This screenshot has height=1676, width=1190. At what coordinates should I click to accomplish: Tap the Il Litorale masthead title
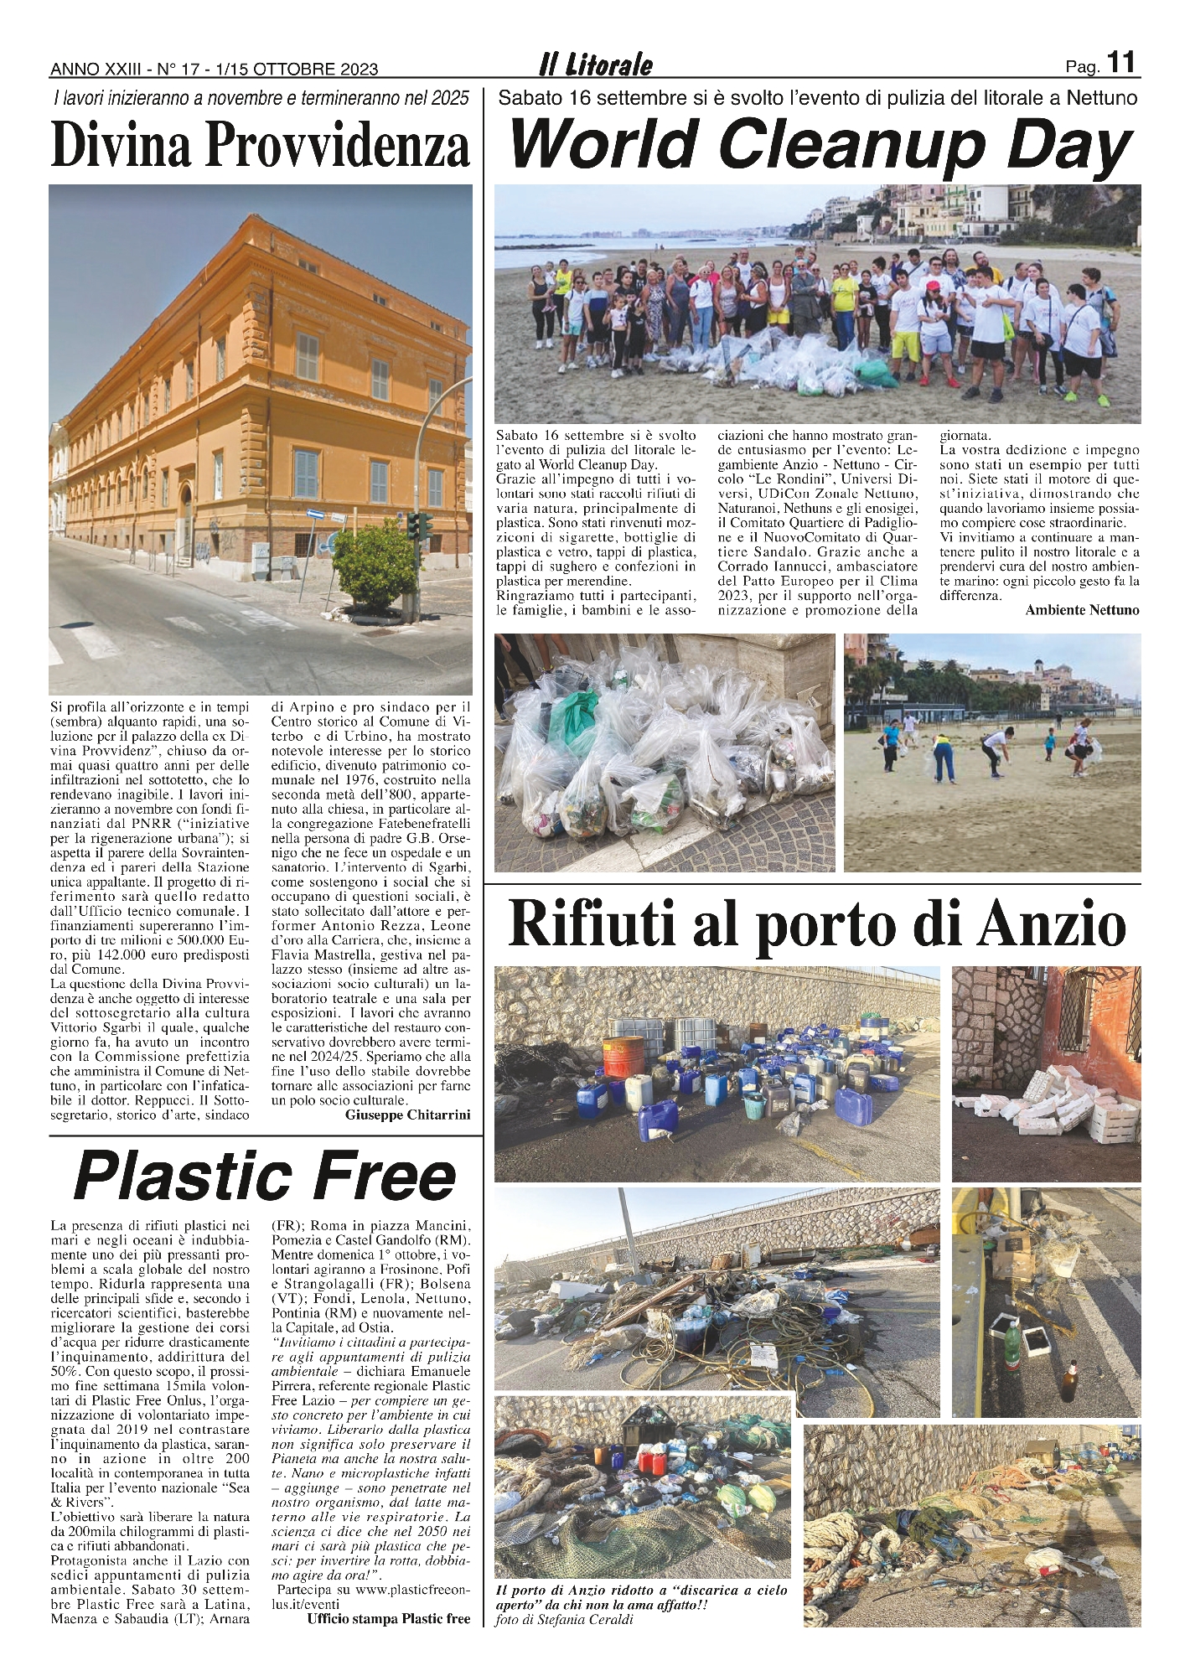click(x=596, y=65)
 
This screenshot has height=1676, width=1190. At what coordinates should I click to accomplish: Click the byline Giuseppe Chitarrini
click(x=407, y=1115)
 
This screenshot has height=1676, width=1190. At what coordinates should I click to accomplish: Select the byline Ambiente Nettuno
click(x=1082, y=610)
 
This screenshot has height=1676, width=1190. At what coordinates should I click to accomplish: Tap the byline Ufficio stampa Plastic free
click(x=389, y=1618)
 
